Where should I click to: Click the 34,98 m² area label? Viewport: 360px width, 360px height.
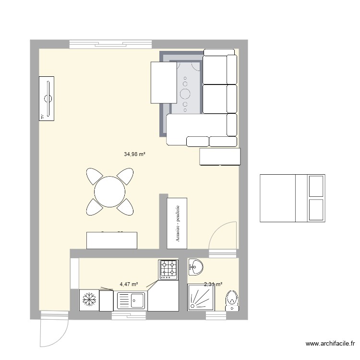[134, 154]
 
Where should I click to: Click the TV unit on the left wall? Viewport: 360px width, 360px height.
[47, 98]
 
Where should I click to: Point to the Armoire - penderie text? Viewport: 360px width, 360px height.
[178, 223]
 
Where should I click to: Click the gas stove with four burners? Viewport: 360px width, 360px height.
[168, 269]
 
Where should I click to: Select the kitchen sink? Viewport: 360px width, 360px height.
[131, 301]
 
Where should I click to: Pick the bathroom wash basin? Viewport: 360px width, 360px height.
[196, 267]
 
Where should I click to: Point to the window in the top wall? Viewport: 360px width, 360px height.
[111, 44]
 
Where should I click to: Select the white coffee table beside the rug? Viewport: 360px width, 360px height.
[165, 82]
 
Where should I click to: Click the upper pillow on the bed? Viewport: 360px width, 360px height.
[316, 186]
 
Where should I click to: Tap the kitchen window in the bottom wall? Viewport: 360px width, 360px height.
[129, 315]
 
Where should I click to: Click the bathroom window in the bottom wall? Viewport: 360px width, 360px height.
[216, 315]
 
